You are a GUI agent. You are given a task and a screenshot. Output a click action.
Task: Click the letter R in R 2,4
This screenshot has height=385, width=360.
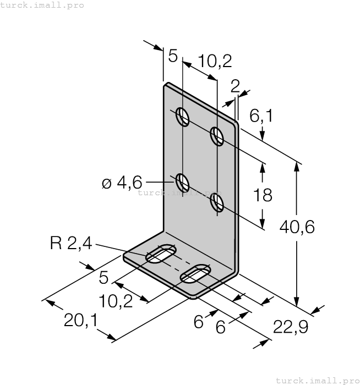pyautogui.click(x=56, y=244)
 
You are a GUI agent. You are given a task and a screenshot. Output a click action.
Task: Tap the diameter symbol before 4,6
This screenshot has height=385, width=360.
pyautogui.click(x=107, y=183)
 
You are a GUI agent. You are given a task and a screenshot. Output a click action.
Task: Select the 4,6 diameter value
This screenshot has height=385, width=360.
pyautogui.click(x=130, y=182)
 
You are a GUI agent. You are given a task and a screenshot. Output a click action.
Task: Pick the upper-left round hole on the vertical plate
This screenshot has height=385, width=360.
pyautogui.click(x=183, y=117)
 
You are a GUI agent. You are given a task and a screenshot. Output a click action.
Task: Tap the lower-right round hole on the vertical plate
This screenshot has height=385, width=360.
pyautogui.click(x=217, y=203)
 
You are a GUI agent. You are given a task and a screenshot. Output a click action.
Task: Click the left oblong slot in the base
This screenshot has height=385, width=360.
pyautogui.click(x=161, y=255)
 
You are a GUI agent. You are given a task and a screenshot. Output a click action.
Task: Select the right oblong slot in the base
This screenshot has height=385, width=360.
pyautogui.click(x=196, y=274)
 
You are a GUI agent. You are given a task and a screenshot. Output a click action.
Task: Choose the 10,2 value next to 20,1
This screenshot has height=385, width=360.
pyautogui.click(x=117, y=300)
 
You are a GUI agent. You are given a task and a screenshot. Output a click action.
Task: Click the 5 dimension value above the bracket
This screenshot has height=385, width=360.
pyautogui.click(x=173, y=56)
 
